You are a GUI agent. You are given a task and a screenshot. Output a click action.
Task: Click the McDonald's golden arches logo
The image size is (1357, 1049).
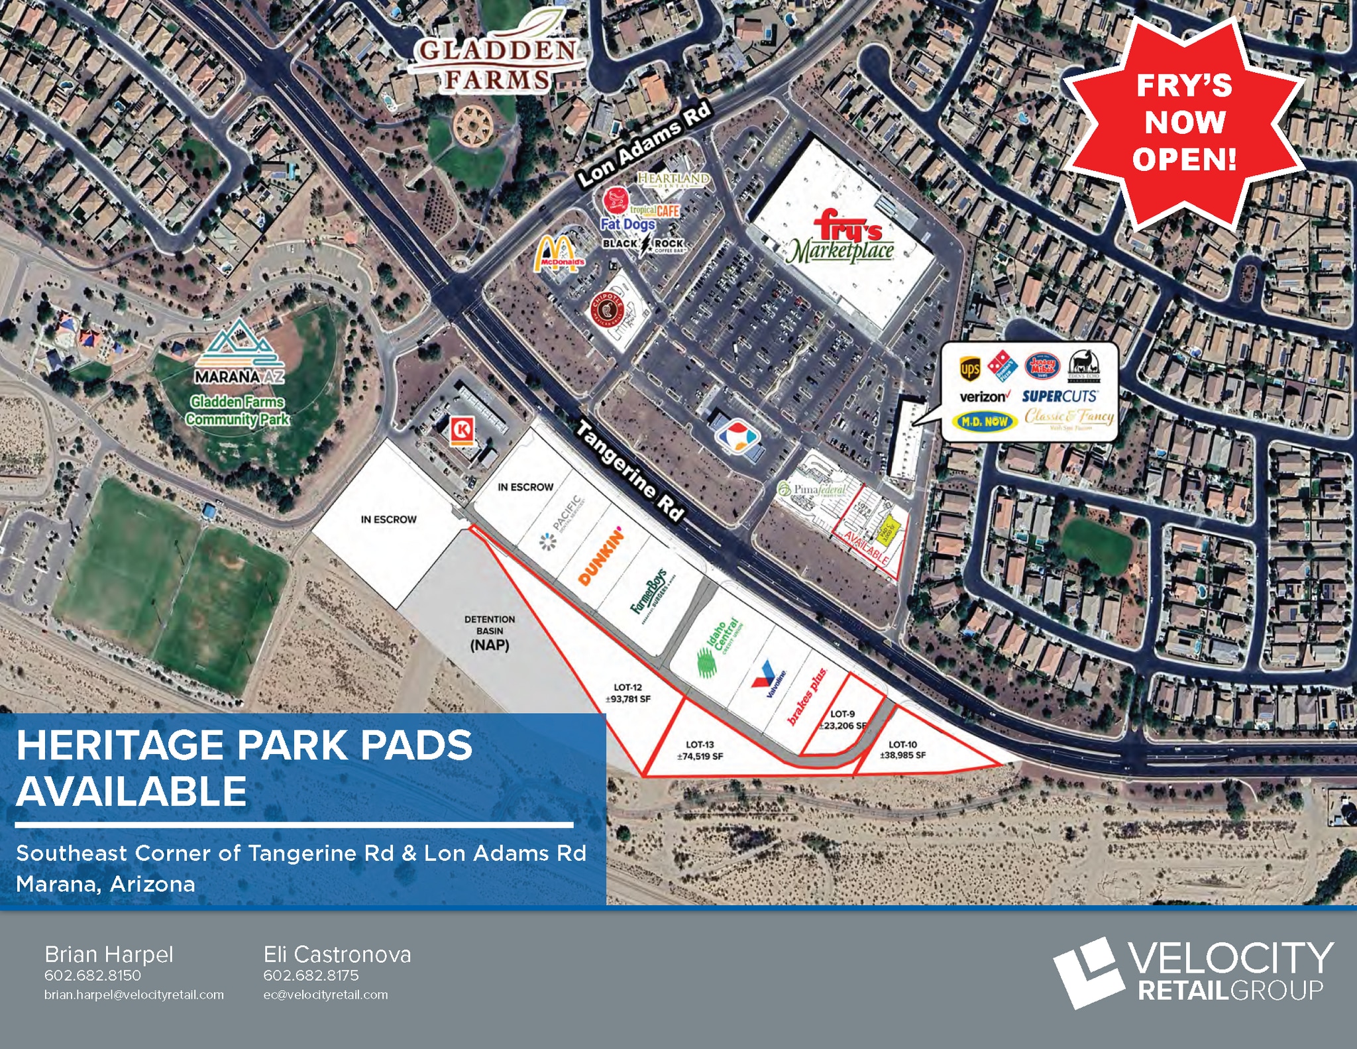[x=559, y=254]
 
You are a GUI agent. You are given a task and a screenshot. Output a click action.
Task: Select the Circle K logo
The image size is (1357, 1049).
[x=461, y=429]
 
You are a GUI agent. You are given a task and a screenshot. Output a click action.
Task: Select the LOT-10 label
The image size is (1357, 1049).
[x=902, y=749]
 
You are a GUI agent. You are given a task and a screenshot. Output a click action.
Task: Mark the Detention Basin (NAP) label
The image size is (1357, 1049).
[x=490, y=633]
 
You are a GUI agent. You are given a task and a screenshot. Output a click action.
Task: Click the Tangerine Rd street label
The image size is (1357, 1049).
[x=629, y=470]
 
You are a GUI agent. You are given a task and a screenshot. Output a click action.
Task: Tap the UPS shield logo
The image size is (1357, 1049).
[x=969, y=368]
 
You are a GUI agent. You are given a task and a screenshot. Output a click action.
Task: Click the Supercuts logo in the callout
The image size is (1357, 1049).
[x=1059, y=396]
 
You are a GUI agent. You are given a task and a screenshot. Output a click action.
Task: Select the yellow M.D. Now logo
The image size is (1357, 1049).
[x=985, y=421]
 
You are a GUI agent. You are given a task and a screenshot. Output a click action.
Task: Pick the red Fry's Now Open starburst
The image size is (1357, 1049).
[x=1183, y=123]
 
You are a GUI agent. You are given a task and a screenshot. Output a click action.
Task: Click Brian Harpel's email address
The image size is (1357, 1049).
[x=134, y=995]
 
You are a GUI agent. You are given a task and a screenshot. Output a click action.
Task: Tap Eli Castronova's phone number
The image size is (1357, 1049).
[x=311, y=975]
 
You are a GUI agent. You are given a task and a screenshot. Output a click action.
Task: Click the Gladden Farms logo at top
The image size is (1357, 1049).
[x=498, y=60]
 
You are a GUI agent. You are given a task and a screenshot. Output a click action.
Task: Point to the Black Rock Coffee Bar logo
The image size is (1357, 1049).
[x=643, y=245]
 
